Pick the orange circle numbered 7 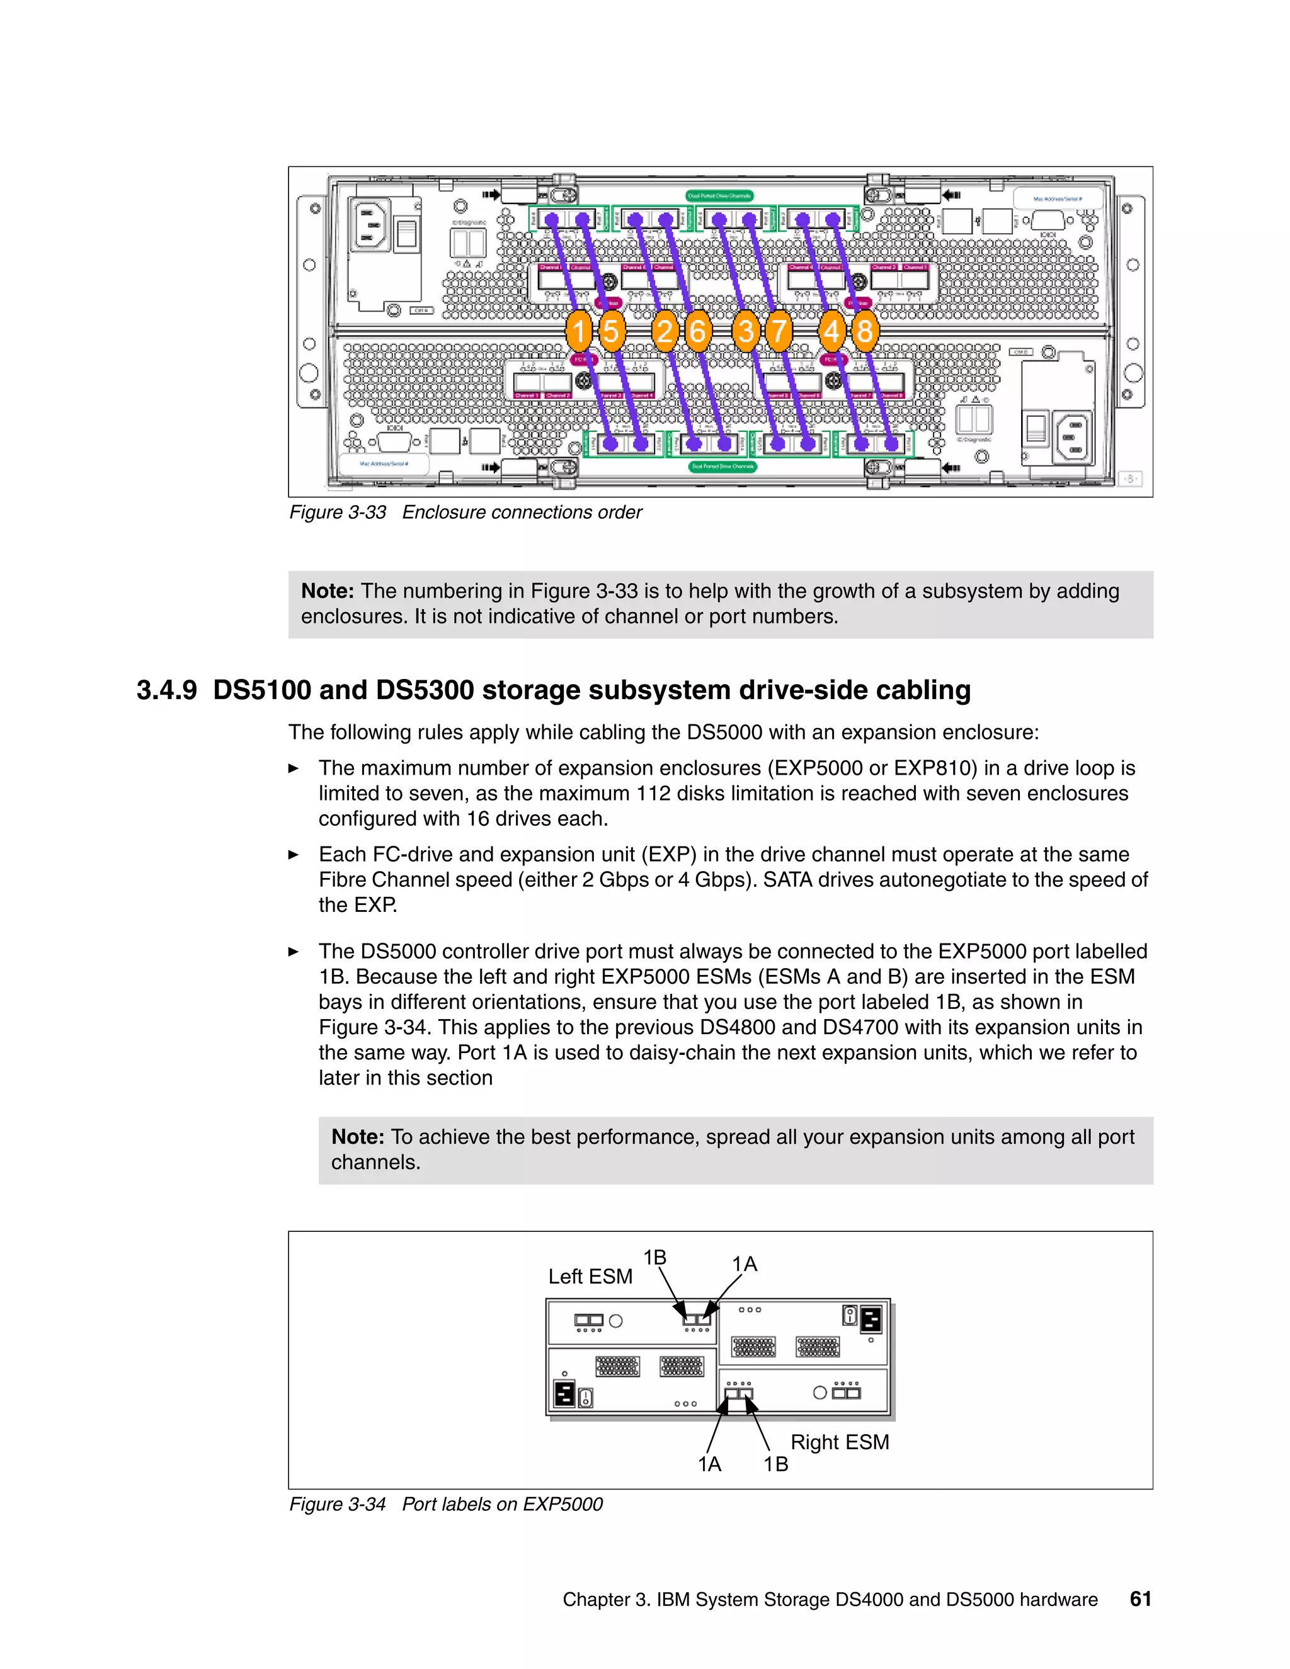click(x=778, y=331)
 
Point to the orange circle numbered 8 click(x=864, y=331)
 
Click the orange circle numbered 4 click(x=831, y=331)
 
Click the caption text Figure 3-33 click(x=337, y=512)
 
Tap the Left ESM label click(x=590, y=1276)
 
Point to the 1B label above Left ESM click(x=654, y=1257)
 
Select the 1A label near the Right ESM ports click(x=709, y=1464)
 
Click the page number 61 click(x=1140, y=1598)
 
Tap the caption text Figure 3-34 click(x=337, y=1504)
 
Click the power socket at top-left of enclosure click(x=369, y=224)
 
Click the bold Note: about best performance click(x=357, y=1136)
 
